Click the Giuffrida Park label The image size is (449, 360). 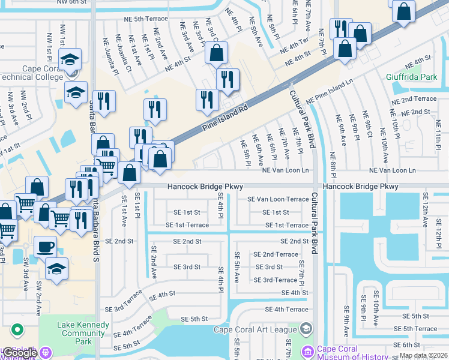click(411, 77)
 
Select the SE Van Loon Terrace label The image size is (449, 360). click(278, 199)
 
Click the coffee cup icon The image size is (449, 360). click(44, 246)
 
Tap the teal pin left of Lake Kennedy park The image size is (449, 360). click(17, 330)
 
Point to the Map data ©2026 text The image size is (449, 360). click(423, 355)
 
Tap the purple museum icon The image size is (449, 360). click(308, 350)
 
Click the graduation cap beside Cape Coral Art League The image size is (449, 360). click(306, 328)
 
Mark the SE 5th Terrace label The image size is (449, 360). click(415, 329)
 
